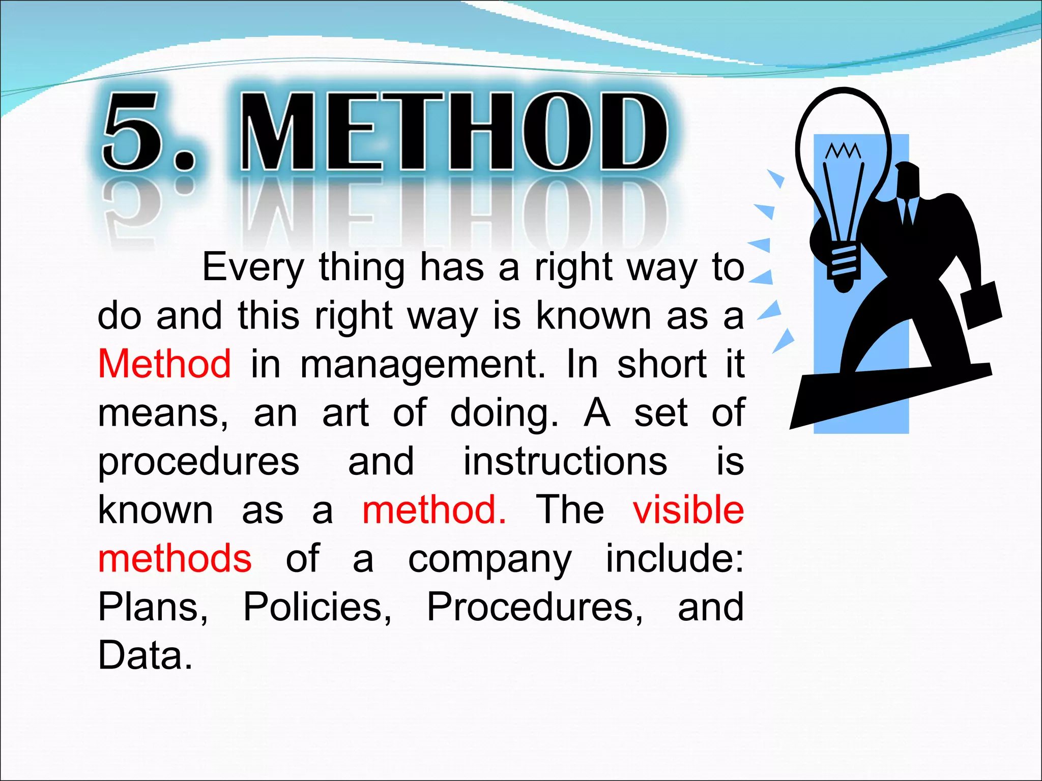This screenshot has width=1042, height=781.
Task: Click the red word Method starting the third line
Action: click(164, 364)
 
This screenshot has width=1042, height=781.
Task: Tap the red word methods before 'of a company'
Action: click(175, 558)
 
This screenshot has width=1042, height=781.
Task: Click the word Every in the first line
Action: click(253, 267)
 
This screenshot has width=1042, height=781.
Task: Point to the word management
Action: click(423, 365)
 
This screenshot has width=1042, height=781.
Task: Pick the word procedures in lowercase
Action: click(198, 462)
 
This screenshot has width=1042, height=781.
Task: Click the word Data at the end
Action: click(144, 655)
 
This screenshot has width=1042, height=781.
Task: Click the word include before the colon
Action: click(671, 558)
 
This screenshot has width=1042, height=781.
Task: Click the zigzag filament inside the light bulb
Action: click(843, 151)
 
